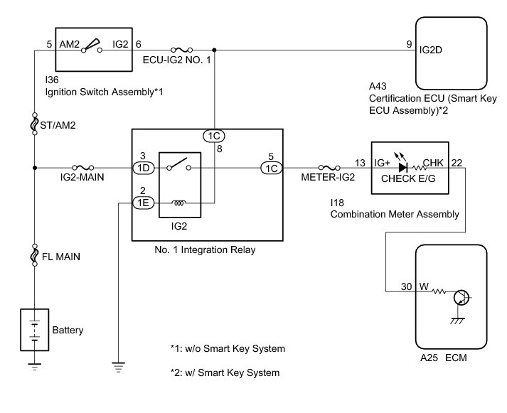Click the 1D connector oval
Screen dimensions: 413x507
tap(142, 168)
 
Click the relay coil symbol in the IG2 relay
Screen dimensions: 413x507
tap(180, 203)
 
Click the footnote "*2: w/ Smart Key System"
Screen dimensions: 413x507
tap(225, 372)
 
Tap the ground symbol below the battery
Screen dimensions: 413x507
tap(35, 367)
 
